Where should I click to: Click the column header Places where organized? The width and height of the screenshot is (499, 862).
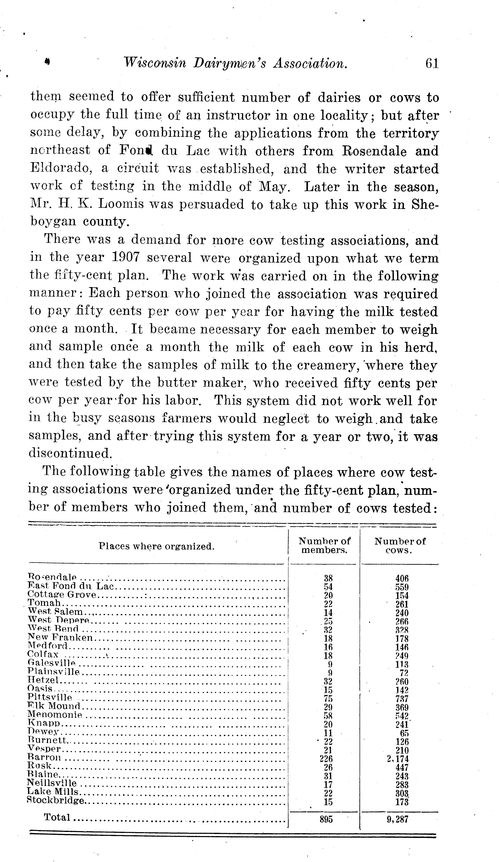(156, 546)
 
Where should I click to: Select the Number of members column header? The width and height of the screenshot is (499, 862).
(324, 546)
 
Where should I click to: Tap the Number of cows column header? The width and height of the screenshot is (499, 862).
(399, 546)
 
